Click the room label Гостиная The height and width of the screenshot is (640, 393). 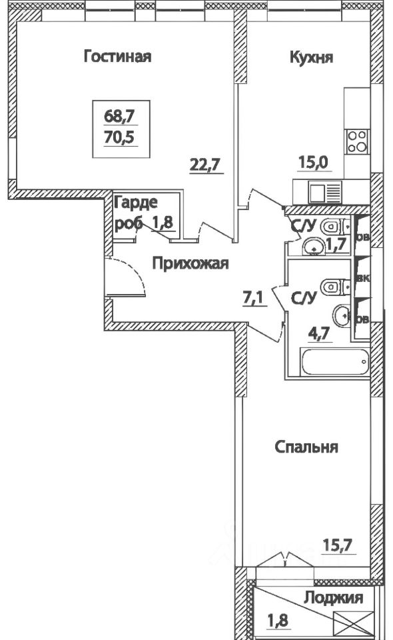pyautogui.click(x=117, y=57)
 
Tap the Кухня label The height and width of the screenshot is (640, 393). pyautogui.click(x=311, y=57)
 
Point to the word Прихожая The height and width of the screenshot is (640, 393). pyautogui.click(x=190, y=264)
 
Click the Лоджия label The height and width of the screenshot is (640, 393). pyautogui.click(x=333, y=598)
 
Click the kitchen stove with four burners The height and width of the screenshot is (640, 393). pyautogui.click(x=356, y=141)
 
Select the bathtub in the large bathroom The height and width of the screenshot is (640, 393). pyautogui.click(x=334, y=364)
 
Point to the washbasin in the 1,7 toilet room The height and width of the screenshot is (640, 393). pyautogui.click(x=311, y=249)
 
